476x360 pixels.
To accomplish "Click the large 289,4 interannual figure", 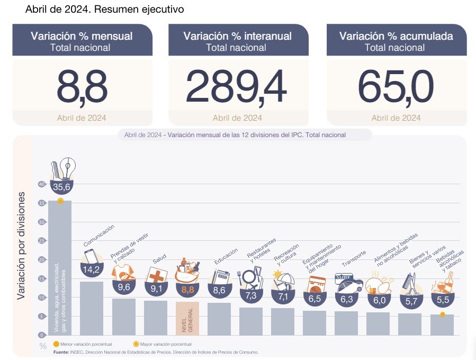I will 236,87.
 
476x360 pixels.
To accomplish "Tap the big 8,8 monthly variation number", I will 82,87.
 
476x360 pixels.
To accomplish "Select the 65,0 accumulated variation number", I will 396,87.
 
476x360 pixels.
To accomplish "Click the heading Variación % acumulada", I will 396,36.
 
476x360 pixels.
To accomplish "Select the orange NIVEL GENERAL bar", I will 187,318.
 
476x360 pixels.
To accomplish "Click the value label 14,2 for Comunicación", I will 91,269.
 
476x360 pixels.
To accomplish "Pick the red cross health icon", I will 157,275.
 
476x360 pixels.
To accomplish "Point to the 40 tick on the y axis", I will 41,184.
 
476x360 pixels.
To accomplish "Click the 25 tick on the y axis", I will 41,241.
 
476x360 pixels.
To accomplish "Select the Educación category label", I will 226,256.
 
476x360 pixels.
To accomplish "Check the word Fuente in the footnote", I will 61,352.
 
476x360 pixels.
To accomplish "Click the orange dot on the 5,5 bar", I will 442,315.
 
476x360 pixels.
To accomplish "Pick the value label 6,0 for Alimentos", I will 379,300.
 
